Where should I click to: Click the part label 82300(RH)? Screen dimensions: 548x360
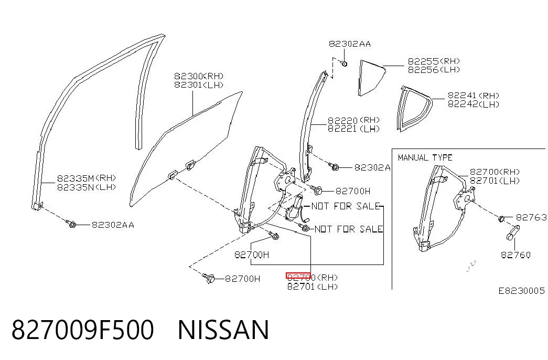coord(199,76)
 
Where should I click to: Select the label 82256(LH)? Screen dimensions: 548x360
coord(434,70)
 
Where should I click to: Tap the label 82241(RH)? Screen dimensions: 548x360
coord(474,95)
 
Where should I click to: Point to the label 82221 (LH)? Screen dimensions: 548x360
coord(353,129)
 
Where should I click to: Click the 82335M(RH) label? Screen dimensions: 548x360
coord(87,178)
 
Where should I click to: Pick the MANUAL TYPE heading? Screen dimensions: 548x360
coord(425,158)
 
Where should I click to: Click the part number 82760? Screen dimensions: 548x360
coord(515,255)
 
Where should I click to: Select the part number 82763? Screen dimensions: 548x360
coord(531,217)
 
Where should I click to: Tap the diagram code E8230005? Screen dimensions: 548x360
coord(521,291)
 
